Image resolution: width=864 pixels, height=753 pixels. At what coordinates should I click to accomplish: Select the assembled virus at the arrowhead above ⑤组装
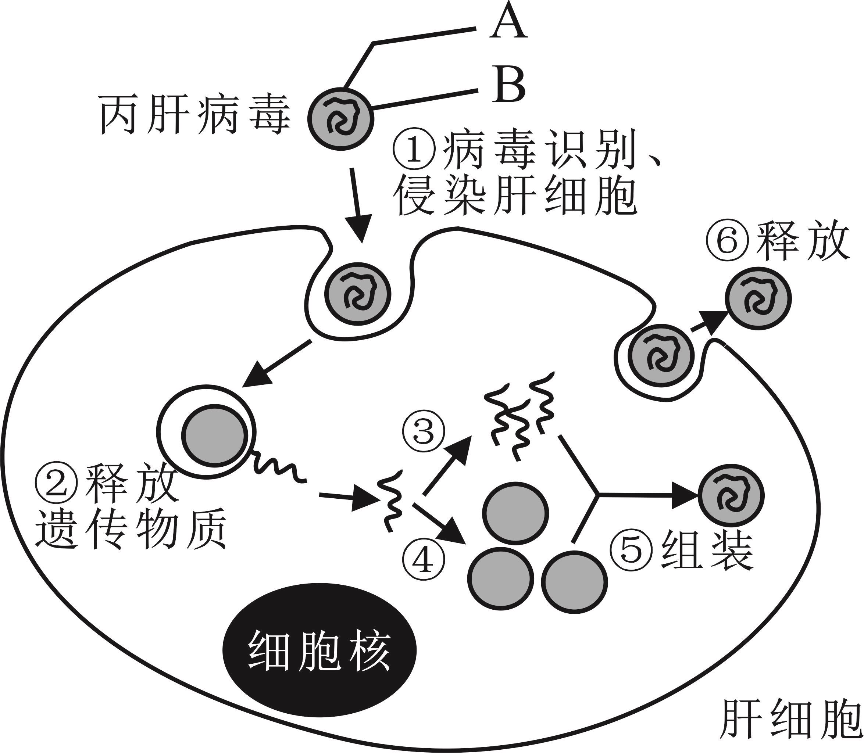[x=731, y=496]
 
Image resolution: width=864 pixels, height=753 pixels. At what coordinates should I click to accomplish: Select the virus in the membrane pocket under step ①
[x=358, y=293]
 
